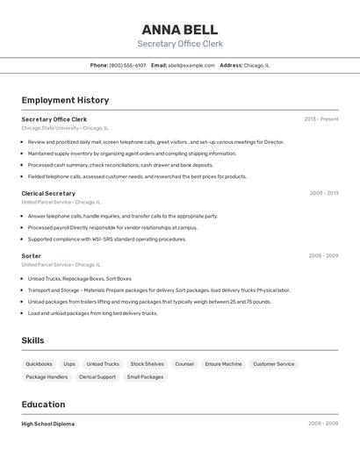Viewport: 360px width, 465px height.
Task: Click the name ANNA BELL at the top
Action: [x=180, y=29]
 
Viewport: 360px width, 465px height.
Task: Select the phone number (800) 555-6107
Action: [x=128, y=65]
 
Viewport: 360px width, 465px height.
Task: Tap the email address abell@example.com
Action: [x=191, y=65]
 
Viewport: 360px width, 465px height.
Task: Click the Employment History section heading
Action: [x=65, y=100]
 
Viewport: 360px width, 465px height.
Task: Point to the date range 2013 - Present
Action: [x=321, y=119]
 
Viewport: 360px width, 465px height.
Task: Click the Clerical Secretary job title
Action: [x=48, y=193]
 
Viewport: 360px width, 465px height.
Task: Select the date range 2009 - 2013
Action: [x=324, y=193]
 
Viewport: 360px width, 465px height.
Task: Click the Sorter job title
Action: [x=32, y=256]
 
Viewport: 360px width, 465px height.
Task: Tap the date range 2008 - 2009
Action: [x=323, y=256]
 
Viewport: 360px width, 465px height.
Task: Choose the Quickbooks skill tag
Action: [x=39, y=364]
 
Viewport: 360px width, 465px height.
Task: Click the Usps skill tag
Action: [x=69, y=364]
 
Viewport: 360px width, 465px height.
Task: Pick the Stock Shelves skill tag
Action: [x=147, y=364]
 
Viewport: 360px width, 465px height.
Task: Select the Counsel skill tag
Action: [x=184, y=364]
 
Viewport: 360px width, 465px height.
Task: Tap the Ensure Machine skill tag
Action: [x=223, y=364]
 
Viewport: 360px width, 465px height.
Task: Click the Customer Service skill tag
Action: [x=274, y=364]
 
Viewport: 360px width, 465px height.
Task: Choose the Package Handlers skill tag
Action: [x=47, y=377]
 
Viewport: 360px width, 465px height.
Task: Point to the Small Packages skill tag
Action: [x=145, y=377]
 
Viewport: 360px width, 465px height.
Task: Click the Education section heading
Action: [x=43, y=404]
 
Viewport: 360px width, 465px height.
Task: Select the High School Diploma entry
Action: [x=48, y=424]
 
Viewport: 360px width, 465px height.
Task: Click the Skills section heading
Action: [x=32, y=340]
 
